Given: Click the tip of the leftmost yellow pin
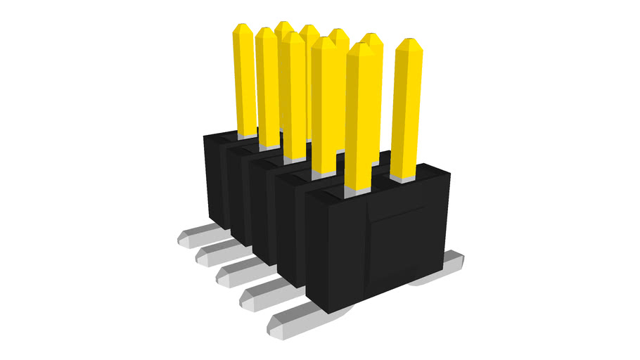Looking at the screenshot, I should coord(243,29).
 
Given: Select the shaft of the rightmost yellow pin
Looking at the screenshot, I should coord(407,112).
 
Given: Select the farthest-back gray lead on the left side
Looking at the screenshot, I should coord(193,237).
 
